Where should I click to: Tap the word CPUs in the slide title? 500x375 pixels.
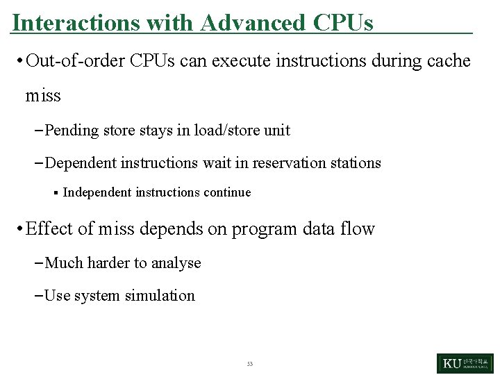click(x=343, y=23)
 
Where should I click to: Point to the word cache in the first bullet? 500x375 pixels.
click(x=445, y=61)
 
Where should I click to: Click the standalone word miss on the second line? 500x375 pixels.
click(x=43, y=95)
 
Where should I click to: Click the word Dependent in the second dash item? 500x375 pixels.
click(x=80, y=163)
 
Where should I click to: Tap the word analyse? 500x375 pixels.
click(x=176, y=263)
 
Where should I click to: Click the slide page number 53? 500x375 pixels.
click(x=250, y=364)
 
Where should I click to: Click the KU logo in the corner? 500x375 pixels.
click(x=465, y=363)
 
